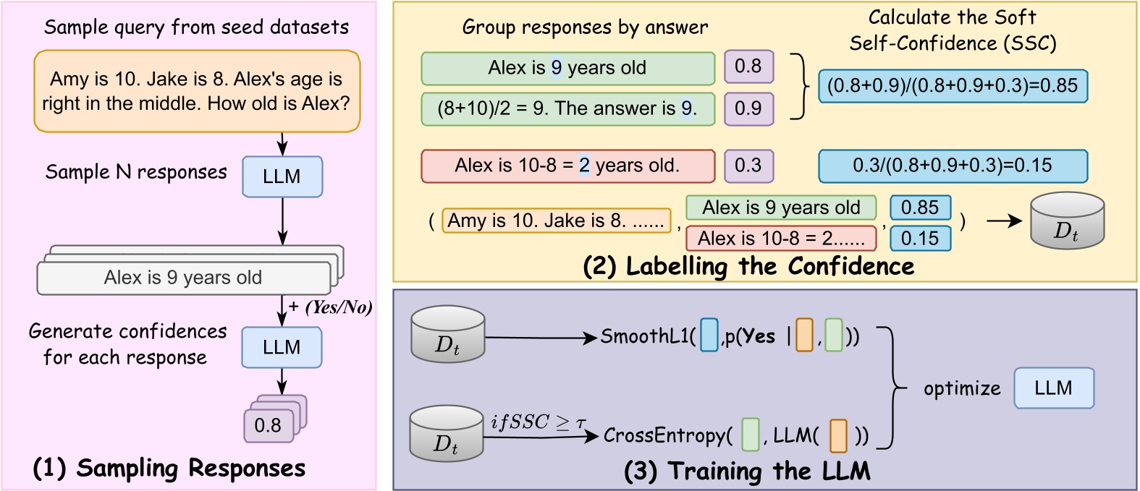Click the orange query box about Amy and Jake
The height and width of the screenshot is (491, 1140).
[197, 91]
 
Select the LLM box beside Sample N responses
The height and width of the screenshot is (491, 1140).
[282, 176]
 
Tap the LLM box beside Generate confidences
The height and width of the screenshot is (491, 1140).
[282, 348]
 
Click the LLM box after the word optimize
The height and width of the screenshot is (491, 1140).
[1053, 388]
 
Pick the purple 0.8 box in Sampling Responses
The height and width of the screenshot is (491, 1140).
[269, 425]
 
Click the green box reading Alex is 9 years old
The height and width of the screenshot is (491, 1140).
[567, 68]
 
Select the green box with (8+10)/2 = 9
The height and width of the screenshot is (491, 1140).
[567, 108]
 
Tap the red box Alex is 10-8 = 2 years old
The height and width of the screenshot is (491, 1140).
[567, 166]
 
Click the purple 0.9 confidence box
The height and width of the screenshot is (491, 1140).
[748, 108]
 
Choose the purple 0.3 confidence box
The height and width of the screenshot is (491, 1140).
[748, 166]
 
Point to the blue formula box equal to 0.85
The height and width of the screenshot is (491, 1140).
[953, 86]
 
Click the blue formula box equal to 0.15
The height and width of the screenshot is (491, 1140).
[953, 166]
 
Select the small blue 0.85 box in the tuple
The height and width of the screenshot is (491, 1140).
[920, 208]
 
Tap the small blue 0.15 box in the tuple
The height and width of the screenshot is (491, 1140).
[920, 239]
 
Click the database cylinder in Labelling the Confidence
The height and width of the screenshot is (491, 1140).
[1067, 221]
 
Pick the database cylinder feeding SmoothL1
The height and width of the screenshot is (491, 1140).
[447, 334]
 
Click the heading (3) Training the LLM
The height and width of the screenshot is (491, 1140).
[747, 471]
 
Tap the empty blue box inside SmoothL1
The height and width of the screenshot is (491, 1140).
[709, 336]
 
